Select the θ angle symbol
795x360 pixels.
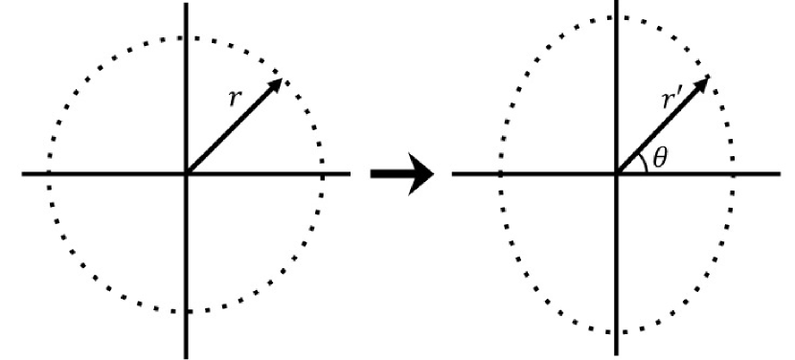point(660,155)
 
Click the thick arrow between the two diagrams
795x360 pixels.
point(400,174)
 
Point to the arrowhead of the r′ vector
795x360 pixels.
point(704,81)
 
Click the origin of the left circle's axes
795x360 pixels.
point(187,174)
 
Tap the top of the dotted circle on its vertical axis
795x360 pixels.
point(187,37)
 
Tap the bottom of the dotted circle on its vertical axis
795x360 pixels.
point(187,311)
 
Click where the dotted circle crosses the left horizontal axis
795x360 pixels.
point(48,174)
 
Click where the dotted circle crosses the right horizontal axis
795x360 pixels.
point(324,174)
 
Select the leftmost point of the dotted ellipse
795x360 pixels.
point(499,174)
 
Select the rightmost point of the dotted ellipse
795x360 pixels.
point(735,174)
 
